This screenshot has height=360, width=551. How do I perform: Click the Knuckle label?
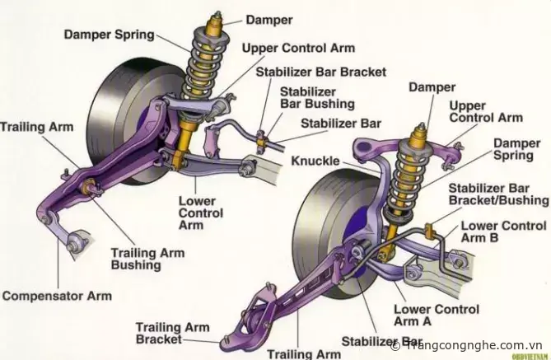tap(315, 160)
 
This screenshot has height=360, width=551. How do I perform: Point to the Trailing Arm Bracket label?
tap(172, 333)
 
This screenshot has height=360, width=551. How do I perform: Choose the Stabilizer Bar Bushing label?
tap(317, 98)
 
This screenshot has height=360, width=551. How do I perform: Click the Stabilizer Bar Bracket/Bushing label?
tap(497, 194)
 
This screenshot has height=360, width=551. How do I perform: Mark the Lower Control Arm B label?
tap(503, 231)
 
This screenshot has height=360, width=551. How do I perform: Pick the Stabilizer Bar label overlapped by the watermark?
tap(373, 340)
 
